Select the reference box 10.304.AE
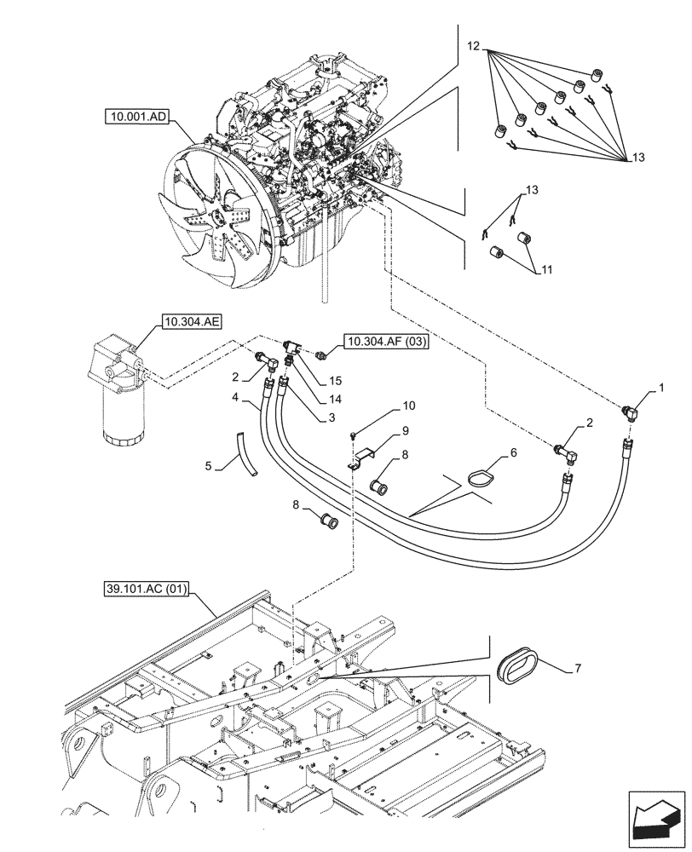point(188,321)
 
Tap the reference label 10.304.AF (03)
point(387,342)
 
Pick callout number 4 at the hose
point(233,397)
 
